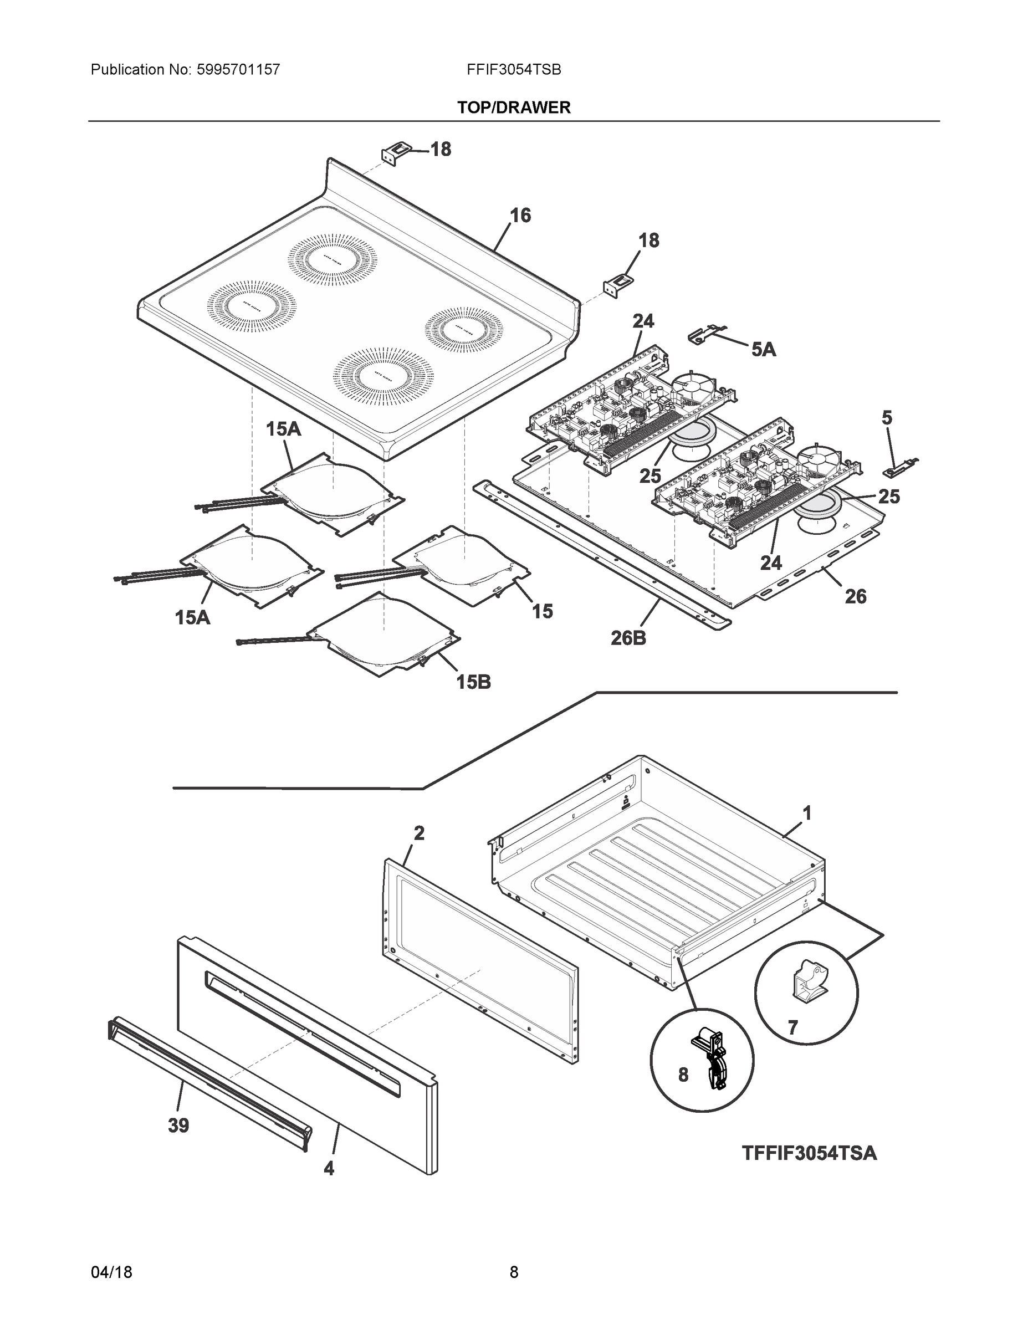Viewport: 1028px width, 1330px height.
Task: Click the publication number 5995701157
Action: click(238, 69)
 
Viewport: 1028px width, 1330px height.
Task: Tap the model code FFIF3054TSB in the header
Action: click(513, 69)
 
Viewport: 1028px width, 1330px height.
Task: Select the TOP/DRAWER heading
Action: click(513, 108)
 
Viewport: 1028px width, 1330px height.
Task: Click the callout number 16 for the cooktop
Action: click(520, 215)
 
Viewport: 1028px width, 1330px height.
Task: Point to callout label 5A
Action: click(763, 349)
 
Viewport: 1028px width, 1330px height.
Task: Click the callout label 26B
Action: click(628, 638)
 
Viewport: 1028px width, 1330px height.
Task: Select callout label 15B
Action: click(473, 682)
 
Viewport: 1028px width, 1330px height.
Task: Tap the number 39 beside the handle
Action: click(178, 1126)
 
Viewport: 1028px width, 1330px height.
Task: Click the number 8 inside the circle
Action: click(683, 1075)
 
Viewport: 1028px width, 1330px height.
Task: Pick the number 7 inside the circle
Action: click(792, 1028)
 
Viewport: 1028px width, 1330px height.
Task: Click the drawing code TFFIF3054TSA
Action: click(809, 1153)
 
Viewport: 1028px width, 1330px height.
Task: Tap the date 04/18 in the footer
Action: click(111, 1272)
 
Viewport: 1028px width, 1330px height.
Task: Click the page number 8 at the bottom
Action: click(513, 1272)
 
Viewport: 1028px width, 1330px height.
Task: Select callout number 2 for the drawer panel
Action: click(419, 833)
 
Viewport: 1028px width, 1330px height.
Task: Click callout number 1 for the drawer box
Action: click(806, 813)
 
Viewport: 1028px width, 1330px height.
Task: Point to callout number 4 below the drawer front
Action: click(328, 1168)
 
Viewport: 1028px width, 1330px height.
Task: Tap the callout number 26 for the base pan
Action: click(855, 596)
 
